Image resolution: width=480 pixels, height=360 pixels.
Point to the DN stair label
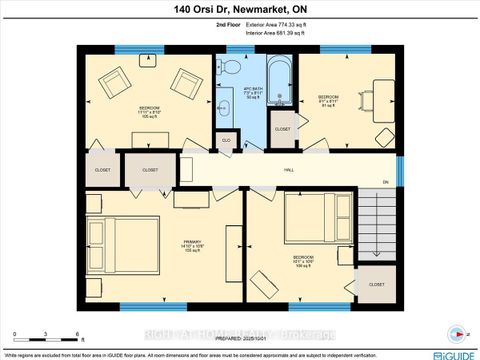[384, 181]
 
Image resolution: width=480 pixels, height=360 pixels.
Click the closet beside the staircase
[376, 284]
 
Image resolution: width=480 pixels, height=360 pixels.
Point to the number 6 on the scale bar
[78, 334]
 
